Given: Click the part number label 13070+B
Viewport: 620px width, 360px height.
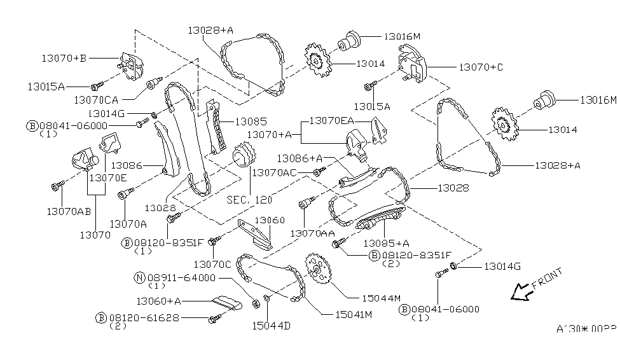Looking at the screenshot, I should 64,58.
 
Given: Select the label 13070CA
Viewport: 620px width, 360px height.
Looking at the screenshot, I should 95,99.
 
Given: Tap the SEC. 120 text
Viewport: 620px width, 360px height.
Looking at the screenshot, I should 249,199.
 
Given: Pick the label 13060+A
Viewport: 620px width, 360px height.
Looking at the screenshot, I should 159,300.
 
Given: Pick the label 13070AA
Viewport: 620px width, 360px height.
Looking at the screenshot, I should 312,233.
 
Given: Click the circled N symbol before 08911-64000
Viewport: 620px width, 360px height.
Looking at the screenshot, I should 139,277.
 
